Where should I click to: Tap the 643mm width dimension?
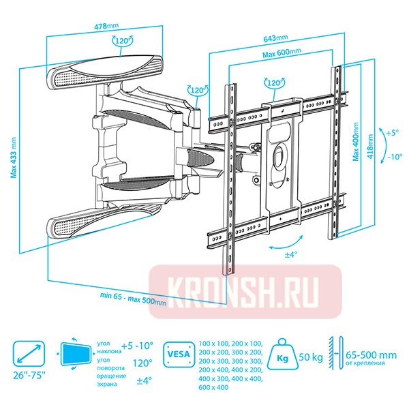pos(275,39)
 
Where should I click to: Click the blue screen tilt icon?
pos(76,355)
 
